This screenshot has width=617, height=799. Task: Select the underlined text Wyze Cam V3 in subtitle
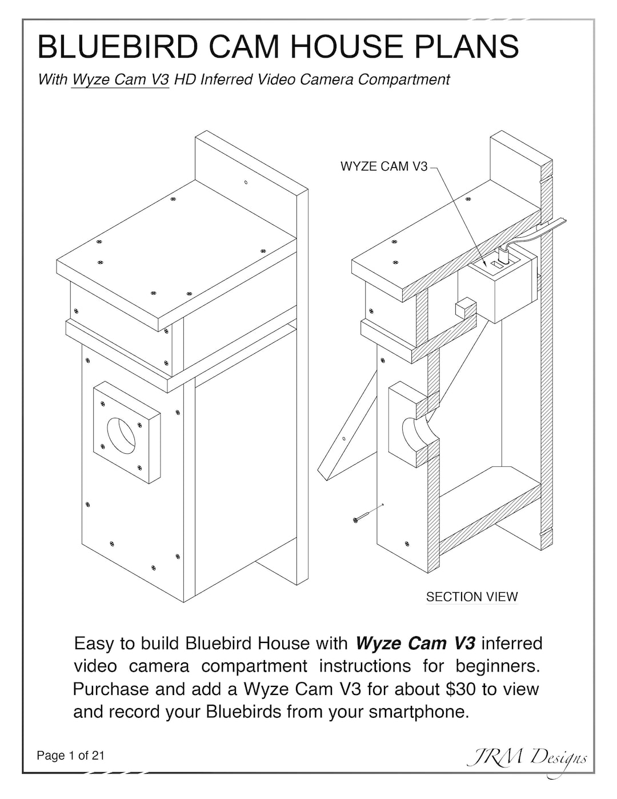pyautogui.click(x=121, y=79)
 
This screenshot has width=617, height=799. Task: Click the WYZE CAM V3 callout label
pyautogui.click(x=384, y=166)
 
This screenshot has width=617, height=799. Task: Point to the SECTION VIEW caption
pyautogui.click(x=472, y=597)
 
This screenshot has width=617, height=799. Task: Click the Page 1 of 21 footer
pyautogui.click(x=71, y=756)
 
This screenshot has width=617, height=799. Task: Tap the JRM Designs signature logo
pyautogui.click(x=526, y=760)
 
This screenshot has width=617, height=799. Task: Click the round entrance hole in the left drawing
pyautogui.click(x=121, y=436)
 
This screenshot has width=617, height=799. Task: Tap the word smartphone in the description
pyautogui.click(x=419, y=712)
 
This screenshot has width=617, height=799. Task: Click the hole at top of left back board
pyautogui.click(x=246, y=182)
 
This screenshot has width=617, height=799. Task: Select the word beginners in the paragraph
pyautogui.click(x=498, y=666)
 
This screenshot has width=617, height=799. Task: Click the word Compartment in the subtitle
pyautogui.click(x=403, y=79)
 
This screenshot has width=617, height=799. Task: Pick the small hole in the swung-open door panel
pyautogui.click(x=344, y=439)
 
